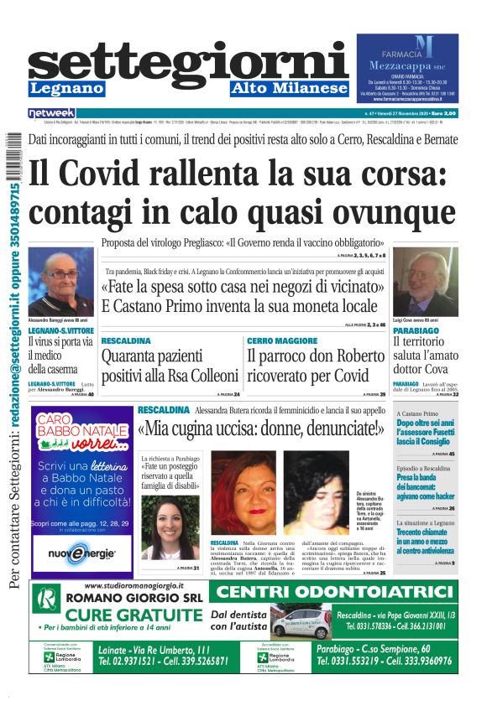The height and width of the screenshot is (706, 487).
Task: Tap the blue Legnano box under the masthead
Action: pos(67,88)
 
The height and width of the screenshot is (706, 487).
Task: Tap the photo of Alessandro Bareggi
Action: pos(61,281)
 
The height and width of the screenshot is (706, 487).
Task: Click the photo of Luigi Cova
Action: pos(425,282)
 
